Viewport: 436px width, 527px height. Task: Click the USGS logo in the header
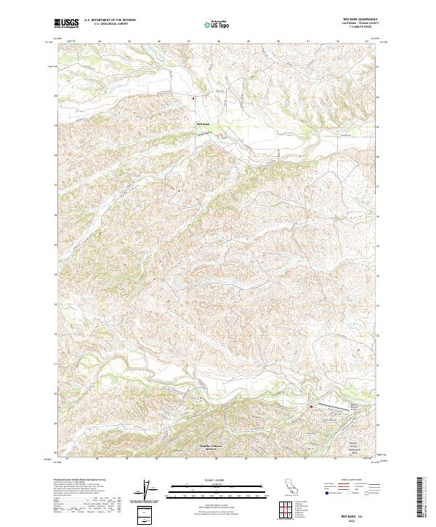pos(66,23)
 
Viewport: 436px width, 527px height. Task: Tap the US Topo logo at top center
pos(211,23)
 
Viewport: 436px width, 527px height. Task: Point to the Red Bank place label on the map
pos(203,124)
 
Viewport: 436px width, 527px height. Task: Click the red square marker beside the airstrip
pos(312,407)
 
